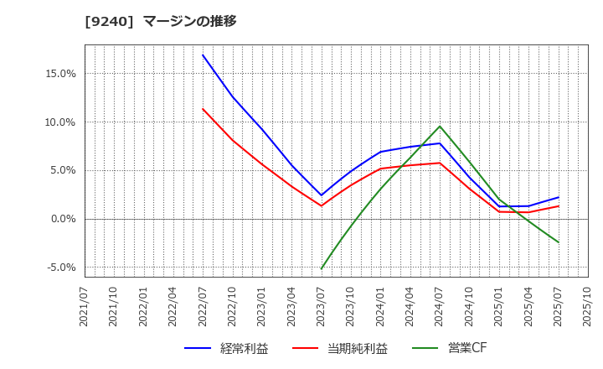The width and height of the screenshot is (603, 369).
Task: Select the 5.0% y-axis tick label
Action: tap(61, 170)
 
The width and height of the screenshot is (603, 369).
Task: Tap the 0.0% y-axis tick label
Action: tap(61, 219)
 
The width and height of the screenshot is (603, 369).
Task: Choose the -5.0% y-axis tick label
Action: tap(59, 268)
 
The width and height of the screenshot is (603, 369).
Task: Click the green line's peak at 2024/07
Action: tap(440, 127)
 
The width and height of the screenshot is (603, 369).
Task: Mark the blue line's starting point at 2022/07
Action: tap(203, 55)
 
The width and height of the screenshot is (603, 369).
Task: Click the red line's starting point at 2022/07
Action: tap(203, 109)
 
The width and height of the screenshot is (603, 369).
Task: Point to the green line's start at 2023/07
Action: tap(322, 268)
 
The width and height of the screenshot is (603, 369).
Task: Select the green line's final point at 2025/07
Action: tap(558, 242)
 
